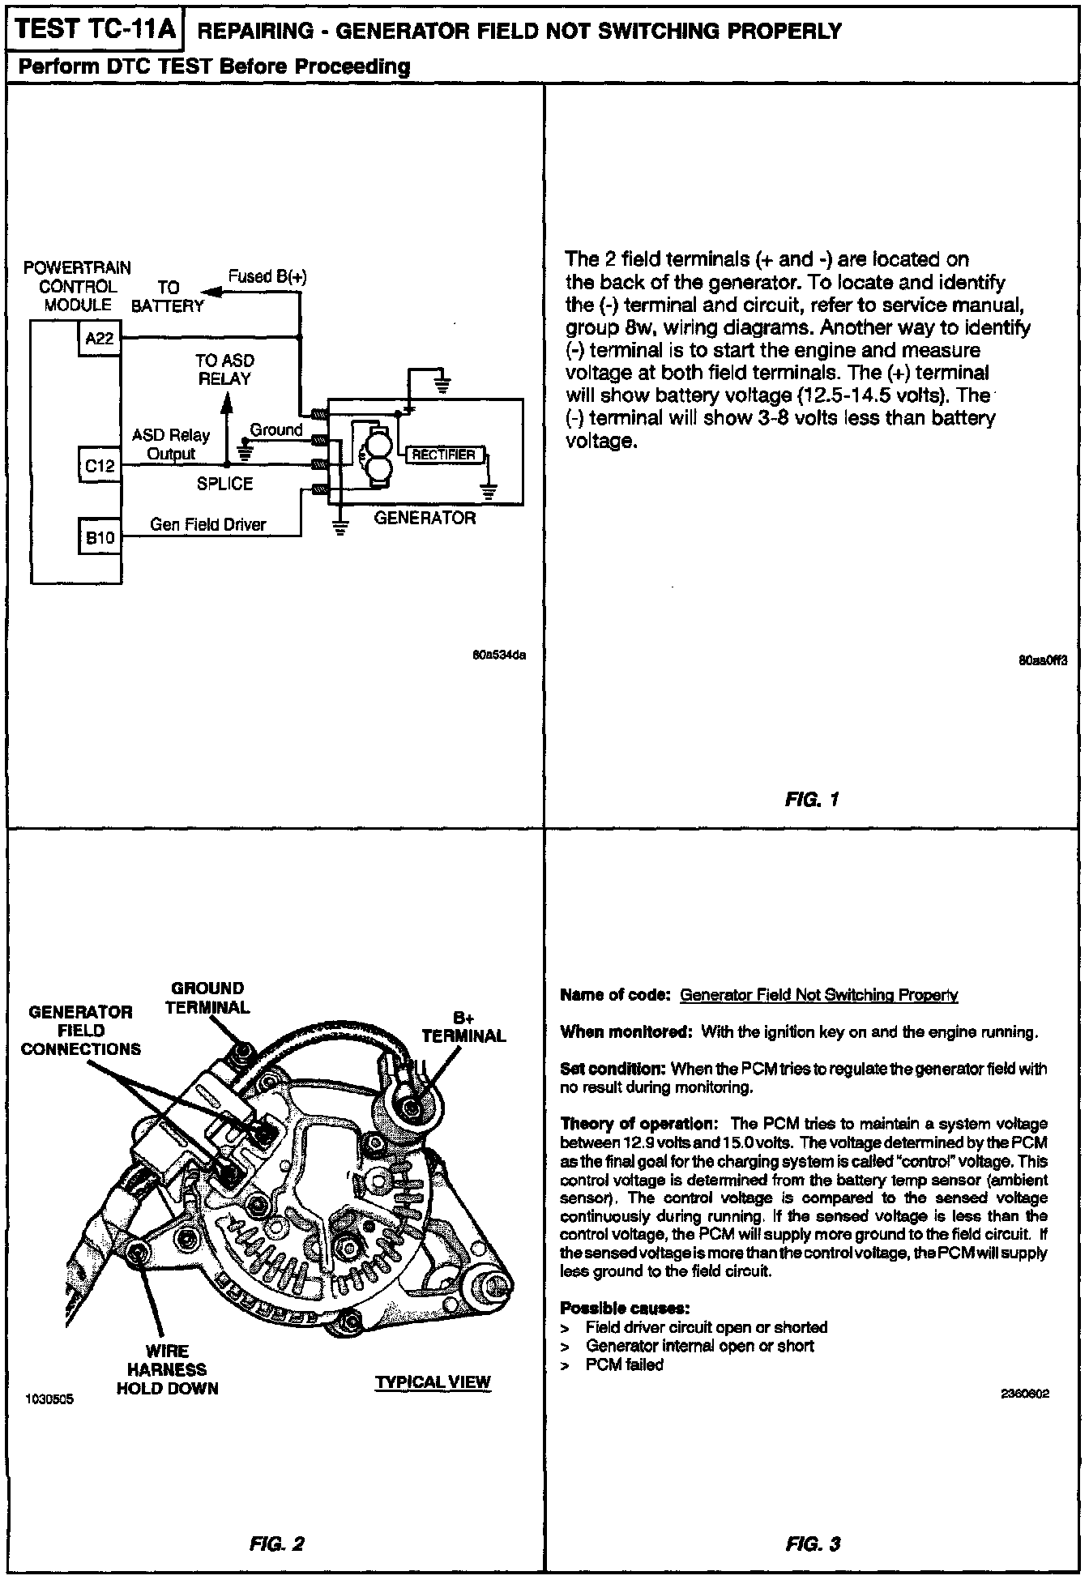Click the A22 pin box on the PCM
pyautogui.click(x=100, y=339)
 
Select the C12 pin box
pyautogui.click(x=100, y=466)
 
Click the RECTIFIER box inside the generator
pyautogui.click(x=443, y=455)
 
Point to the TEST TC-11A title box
pyautogui.click(x=95, y=30)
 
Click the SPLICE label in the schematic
pyautogui.click(x=224, y=484)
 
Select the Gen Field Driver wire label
pyautogui.click(x=208, y=525)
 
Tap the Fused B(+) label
pyautogui.click(x=267, y=276)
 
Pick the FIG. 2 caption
pyautogui.click(x=277, y=1544)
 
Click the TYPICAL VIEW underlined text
pyautogui.click(x=433, y=1382)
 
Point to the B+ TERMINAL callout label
pyautogui.click(x=463, y=1027)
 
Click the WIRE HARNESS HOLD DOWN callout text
pyautogui.click(x=168, y=1369)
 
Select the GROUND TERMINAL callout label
pyautogui.click(x=208, y=997)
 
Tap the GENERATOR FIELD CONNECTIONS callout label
pyautogui.click(x=80, y=1030)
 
